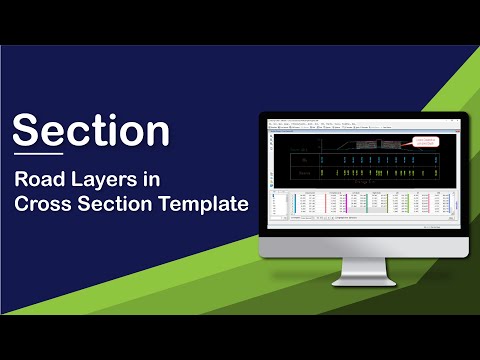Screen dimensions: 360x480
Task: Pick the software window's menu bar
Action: tap(320, 125)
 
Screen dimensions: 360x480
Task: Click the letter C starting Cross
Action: tap(22, 205)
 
